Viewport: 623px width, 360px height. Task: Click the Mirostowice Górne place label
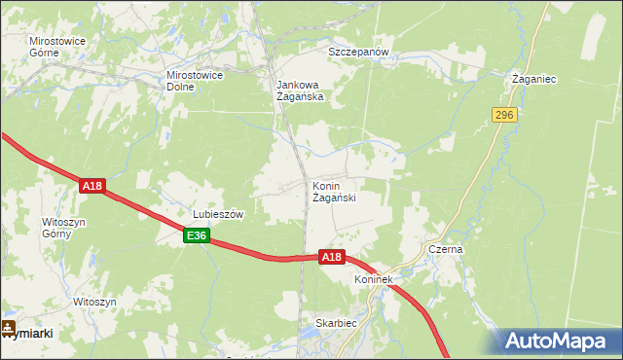click(x=57, y=47)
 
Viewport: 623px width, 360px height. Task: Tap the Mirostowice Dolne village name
click(x=196, y=80)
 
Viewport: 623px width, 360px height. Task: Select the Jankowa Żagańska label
click(x=298, y=90)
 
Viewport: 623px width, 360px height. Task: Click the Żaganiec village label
click(x=534, y=78)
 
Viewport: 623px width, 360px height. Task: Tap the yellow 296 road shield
click(x=503, y=115)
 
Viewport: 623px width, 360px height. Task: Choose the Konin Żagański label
click(x=334, y=192)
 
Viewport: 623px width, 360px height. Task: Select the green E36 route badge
click(x=196, y=235)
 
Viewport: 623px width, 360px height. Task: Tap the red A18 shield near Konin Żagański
click(x=332, y=257)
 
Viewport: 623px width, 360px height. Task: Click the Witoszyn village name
click(x=94, y=303)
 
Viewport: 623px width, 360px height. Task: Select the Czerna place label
click(x=447, y=249)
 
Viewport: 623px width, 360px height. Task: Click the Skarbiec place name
click(x=336, y=322)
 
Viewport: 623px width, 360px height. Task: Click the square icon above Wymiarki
click(x=8, y=327)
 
